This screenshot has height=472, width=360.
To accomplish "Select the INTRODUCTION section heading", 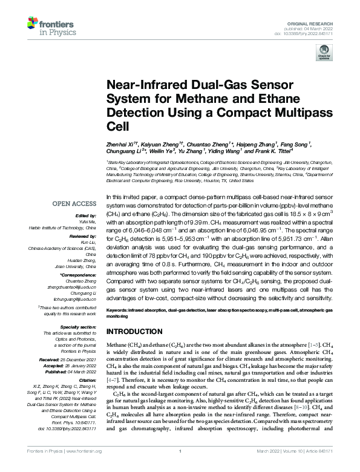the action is pos(134,332).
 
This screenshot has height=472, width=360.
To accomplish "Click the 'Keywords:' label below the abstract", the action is pos(117,309).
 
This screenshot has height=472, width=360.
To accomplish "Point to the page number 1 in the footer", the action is pos(180,467).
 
